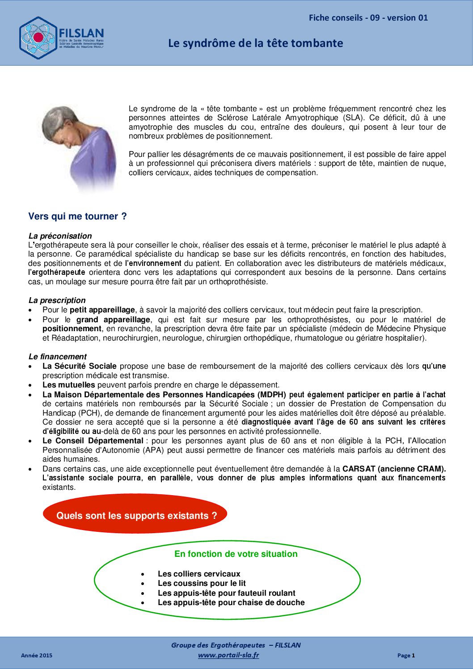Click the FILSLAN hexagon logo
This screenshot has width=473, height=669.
[38, 38]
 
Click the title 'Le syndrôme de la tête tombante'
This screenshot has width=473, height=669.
[255, 43]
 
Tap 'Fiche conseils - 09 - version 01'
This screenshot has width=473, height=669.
[368, 18]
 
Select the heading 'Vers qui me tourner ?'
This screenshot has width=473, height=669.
[77, 216]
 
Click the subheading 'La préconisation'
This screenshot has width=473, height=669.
[60, 236]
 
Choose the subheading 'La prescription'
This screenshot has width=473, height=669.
[57, 300]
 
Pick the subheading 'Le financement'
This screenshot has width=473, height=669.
[57, 357]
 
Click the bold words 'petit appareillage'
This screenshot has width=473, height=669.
[102, 310]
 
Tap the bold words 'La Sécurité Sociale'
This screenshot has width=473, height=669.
[79, 366]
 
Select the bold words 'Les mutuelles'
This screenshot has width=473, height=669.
[68, 385]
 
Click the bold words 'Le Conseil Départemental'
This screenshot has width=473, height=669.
[93, 441]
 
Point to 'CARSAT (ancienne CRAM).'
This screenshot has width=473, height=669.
[394, 469]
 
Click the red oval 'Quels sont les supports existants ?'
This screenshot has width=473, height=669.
[135, 515]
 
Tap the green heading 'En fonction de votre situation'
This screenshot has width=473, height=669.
[236, 554]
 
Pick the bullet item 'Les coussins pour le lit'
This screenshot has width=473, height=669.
[202, 583]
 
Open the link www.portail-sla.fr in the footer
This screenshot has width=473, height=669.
[228, 655]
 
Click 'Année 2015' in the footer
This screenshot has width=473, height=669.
[37, 656]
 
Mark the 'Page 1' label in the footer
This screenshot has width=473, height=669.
[406, 656]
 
